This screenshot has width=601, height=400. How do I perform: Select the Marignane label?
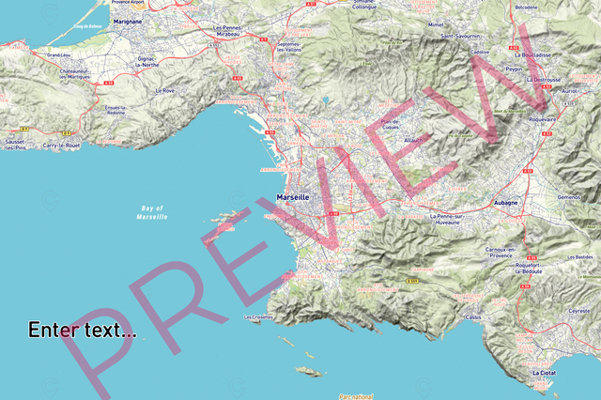126,19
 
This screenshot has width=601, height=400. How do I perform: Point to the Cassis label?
472,316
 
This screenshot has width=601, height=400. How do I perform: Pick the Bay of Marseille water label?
152,212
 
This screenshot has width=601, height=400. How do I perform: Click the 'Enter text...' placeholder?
82,331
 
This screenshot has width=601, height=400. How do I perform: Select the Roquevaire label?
543,120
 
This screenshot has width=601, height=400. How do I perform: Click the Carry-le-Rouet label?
61,146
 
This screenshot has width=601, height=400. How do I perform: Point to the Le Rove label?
163,91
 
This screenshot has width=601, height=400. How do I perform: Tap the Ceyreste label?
579,310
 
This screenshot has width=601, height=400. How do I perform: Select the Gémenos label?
570,197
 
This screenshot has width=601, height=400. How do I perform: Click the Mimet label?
435,25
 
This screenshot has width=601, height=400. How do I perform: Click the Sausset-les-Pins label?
15,145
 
